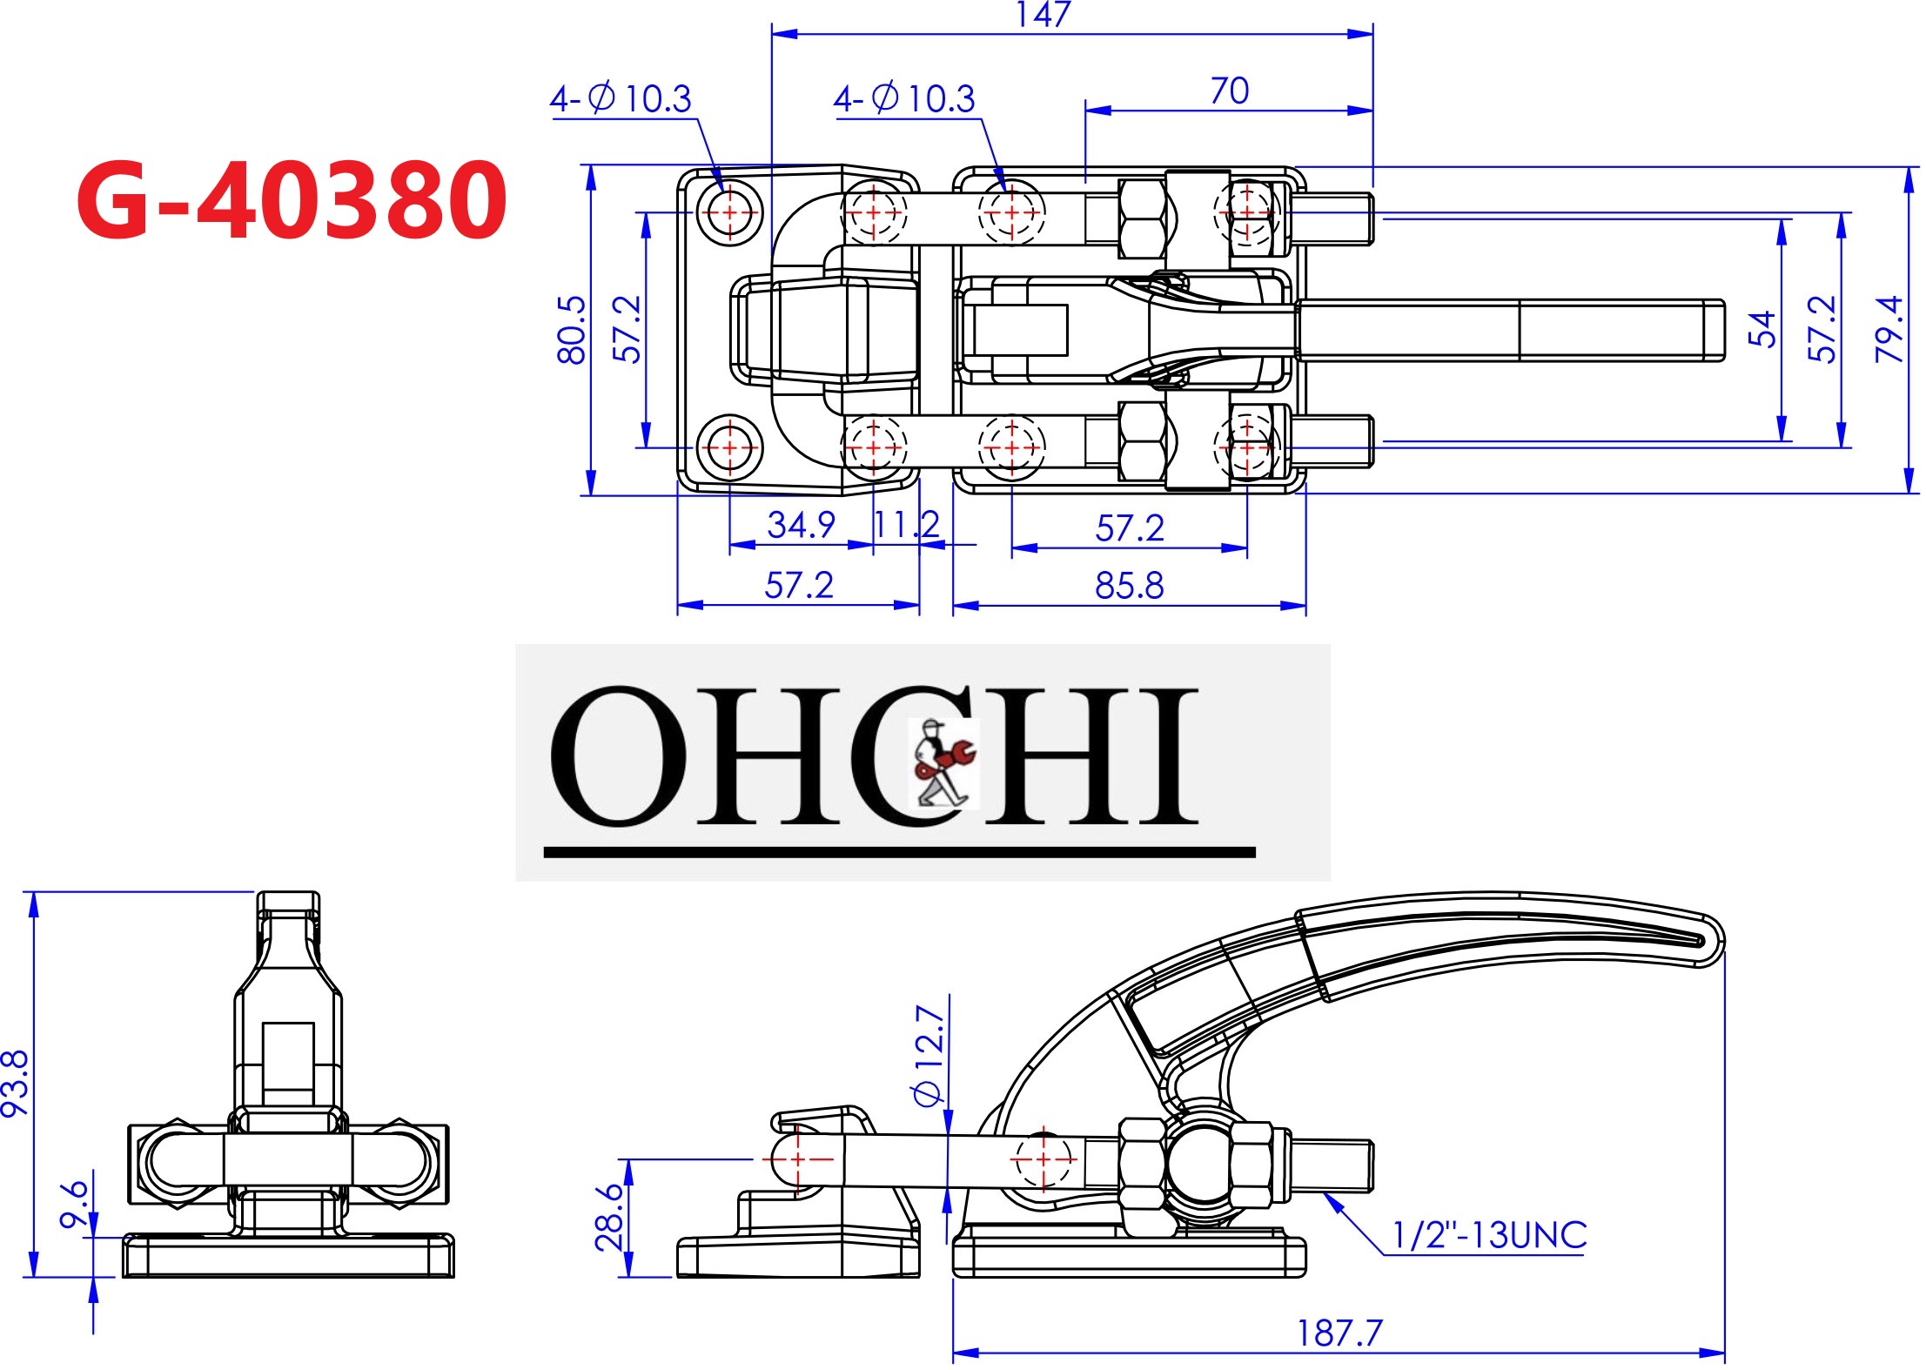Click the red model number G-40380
click(292, 201)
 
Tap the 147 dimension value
click(1042, 14)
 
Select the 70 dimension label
click(1229, 91)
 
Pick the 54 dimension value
click(1762, 329)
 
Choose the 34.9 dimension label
click(801, 524)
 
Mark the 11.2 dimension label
click(906, 524)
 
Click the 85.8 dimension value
click(1129, 586)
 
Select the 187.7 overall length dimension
click(1339, 1333)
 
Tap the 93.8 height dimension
click(16, 1083)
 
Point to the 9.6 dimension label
click(75, 1204)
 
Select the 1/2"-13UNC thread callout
click(1489, 1235)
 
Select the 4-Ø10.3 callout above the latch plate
click(621, 98)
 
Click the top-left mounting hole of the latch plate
click(729, 212)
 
